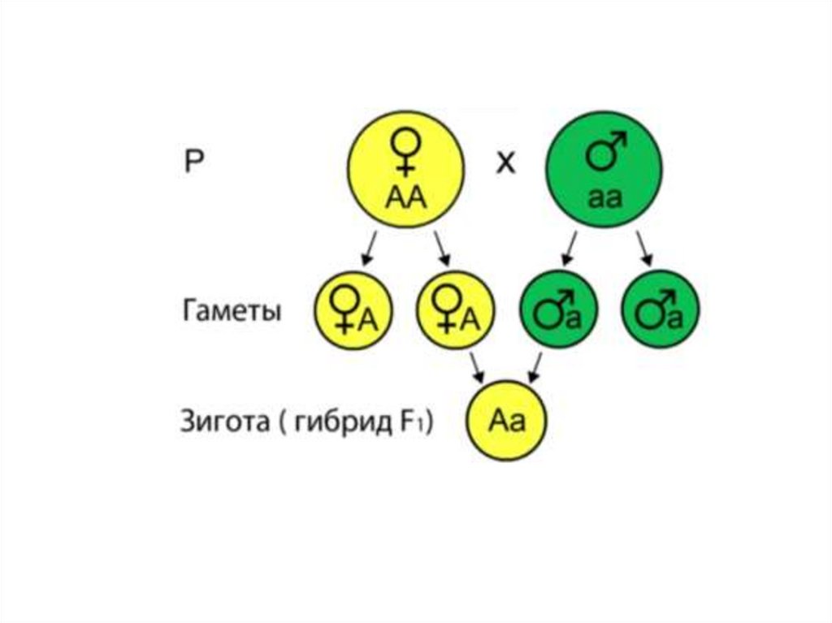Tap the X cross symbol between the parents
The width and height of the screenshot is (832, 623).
[x=505, y=163]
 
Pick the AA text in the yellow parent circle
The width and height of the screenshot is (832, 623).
[x=404, y=196]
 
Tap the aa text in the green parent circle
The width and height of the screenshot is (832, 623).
[x=604, y=197]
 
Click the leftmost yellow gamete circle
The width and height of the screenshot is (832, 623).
[x=354, y=309]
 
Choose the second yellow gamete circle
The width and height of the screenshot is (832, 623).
[x=454, y=309]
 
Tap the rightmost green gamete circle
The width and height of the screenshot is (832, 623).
[x=660, y=309]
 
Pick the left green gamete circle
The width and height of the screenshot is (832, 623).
[x=558, y=309]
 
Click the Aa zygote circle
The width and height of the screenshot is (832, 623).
[x=506, y=422]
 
